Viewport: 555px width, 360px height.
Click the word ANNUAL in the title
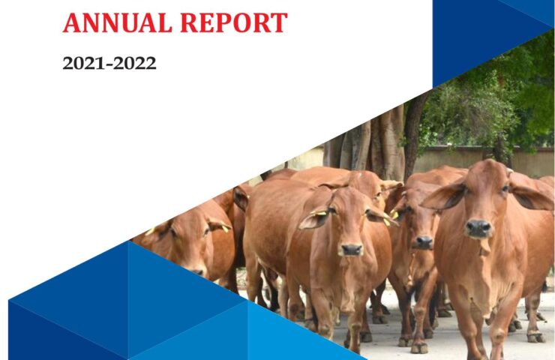click(x=118, y=22)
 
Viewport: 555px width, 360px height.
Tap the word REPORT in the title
click(x=234, y=22)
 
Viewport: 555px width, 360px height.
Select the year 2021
click(x=83, y=63)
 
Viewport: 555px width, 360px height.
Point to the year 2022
click(x=135, y=63)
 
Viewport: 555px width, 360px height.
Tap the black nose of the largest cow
click(x=478, y=228)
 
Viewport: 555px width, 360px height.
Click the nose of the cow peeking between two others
click(x=424, y=242)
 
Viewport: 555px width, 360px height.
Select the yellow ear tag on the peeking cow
click(x=394, y=214)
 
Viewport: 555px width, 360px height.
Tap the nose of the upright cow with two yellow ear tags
click(x=351, y=250)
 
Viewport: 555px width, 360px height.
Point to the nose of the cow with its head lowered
click(x=197, y=271)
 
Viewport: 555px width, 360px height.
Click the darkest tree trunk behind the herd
click(x=412, y=138)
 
